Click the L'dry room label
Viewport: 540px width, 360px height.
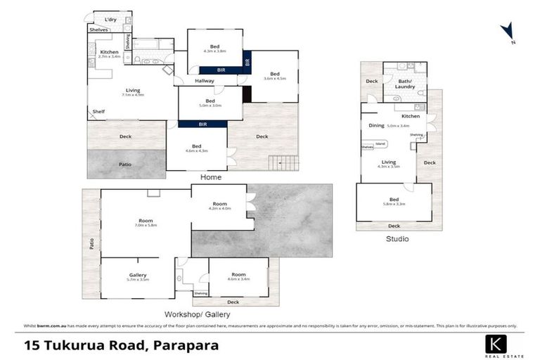click(x=110, y=20)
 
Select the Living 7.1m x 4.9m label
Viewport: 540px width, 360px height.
click(x=132, y=92)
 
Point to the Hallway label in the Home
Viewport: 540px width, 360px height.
click(x=204, y=81)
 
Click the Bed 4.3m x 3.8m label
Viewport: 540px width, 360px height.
click(x=214, y=49)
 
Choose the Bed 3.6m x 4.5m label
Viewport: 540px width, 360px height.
click(x=274, y=76)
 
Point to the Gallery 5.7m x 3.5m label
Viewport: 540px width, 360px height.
click(x=137, y=277)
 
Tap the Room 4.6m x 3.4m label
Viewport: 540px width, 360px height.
click(x=238, y=277)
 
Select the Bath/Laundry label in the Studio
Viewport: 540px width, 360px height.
click(x=406, y=84)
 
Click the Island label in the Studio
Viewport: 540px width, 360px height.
click(x=380, y=143)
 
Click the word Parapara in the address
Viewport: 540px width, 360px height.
click(x=186, y=345)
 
